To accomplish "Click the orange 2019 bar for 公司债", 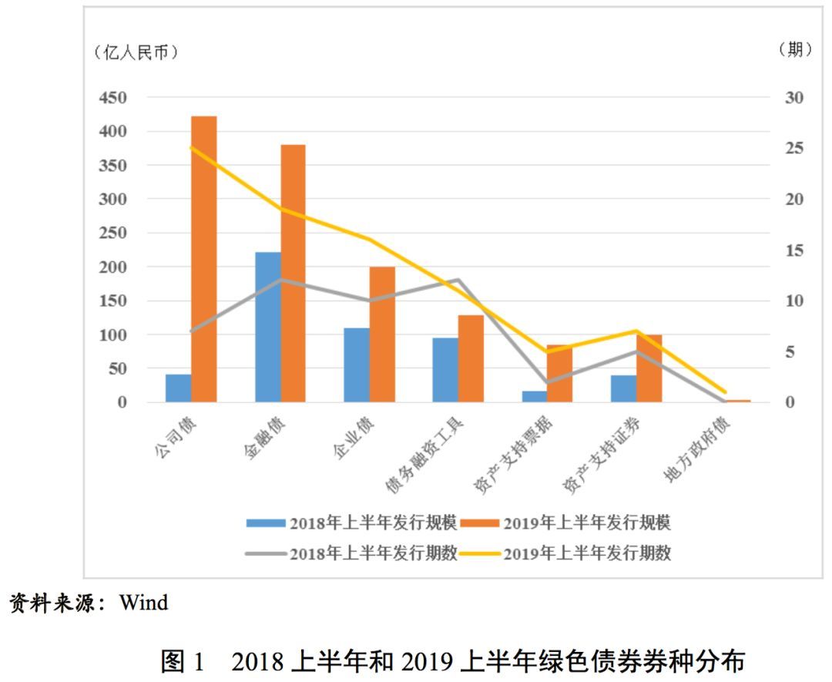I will tap(204, 259).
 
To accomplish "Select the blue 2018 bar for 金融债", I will tap(267, 327).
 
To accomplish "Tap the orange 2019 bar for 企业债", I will tap(382, 334).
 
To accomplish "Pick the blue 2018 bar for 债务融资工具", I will tap(445, 370).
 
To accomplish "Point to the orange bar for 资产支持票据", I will tap(560, 374).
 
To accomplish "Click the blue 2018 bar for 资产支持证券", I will tap(623, 388).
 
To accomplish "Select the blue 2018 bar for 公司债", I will tap(178, 388).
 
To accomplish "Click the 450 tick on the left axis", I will tap(112, 98).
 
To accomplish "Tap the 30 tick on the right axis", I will tap(793, 98).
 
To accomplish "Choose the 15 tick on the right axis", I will tap(793, 250).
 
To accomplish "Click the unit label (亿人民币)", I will tap(136, 52).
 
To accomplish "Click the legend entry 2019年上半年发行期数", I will tap(587, 553).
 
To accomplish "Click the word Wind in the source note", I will tap(143, 602).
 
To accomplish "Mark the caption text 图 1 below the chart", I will tap(183, 660).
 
